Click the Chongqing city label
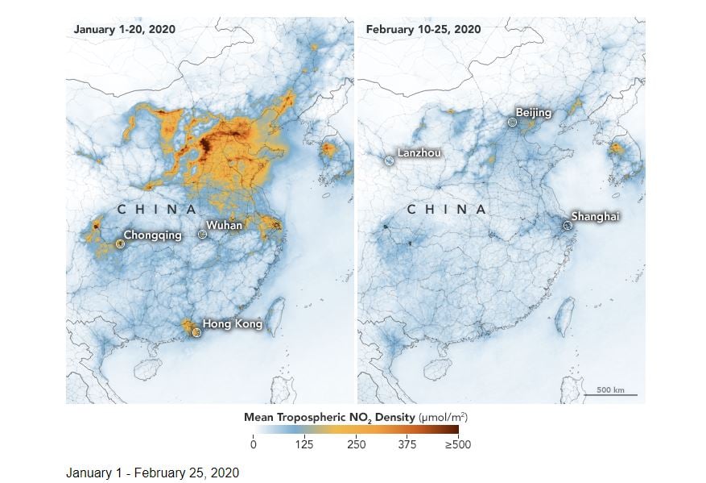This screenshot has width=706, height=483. [152, 236]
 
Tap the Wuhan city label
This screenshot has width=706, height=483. [224, 226]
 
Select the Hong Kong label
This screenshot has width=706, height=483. [232, 324]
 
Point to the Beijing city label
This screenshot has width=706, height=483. [534, 113]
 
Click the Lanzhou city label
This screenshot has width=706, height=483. [419, 152]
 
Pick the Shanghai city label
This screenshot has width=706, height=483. [596, 216]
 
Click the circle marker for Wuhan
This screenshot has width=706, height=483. [202, 234]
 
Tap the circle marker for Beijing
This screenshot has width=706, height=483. [512, 122]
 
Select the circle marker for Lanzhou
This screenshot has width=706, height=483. [390, 160]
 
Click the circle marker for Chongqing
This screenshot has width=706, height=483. [120, 243]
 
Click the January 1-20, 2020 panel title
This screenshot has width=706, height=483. [125, 29]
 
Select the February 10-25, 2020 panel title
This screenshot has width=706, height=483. [423, 29]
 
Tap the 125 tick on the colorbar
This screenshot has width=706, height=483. [303, 443]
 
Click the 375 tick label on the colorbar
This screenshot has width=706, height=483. [407, 443]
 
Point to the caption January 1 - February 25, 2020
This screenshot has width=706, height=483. [152, 473]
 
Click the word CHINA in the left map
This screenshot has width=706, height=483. [158, 210]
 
